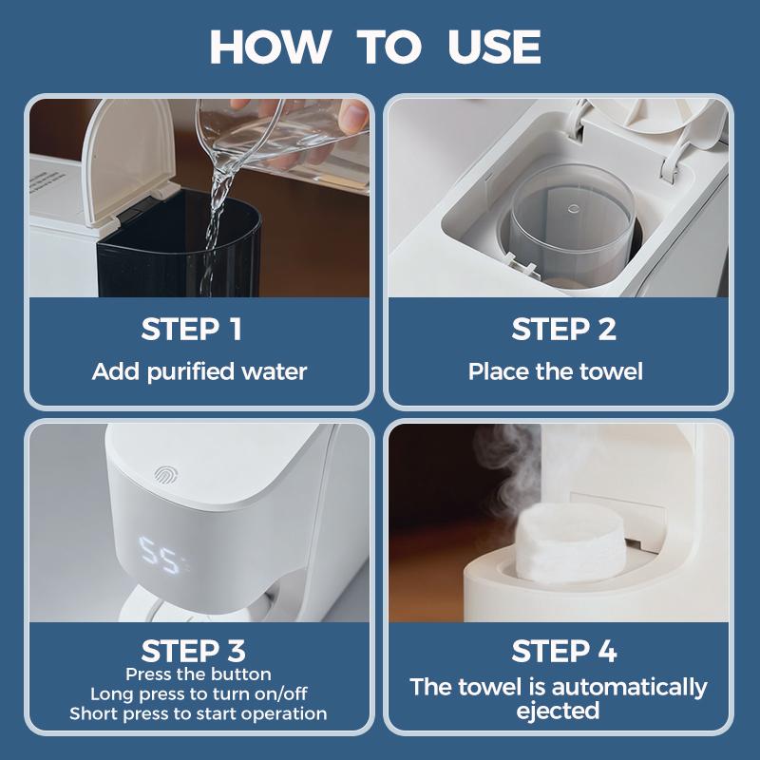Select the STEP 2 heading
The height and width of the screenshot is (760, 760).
(x=563, y=330)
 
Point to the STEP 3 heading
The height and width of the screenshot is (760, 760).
(x=193, y=651)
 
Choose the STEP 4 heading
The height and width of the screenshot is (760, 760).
(x=563, y=651)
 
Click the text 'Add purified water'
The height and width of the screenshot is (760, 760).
(x=199, y=371)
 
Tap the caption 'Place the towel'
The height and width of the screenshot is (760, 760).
(x=556, y=371)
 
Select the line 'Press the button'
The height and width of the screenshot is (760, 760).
(x=198, y=674)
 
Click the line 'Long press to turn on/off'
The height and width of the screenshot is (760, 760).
(x=199, y=693)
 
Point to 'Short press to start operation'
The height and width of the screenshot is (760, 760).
(x=199, y=713)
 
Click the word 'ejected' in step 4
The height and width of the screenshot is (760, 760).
(x=558, y=711)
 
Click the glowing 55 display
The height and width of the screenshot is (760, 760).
(x=159, y=551)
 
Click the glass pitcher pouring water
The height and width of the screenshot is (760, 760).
(x=275, y=142)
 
